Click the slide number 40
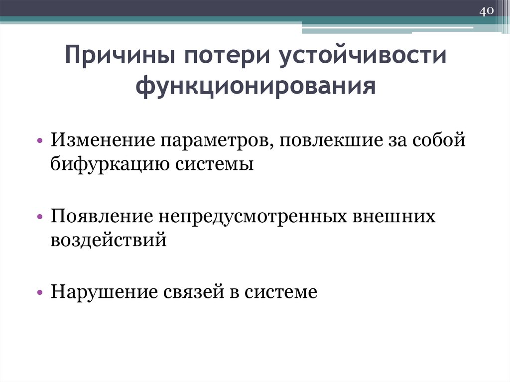coord(486,11)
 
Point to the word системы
coord(214,163)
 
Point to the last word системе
coord(281,292)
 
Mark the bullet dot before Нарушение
coord(40,293)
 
